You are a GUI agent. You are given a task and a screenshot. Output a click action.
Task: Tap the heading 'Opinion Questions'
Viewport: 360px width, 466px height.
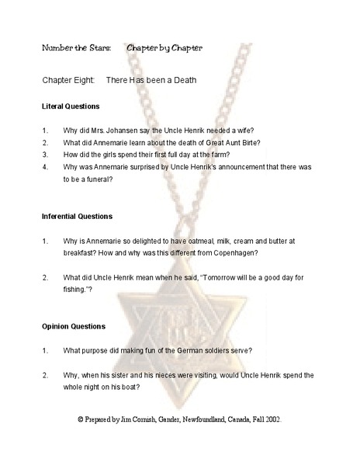click(74, 327)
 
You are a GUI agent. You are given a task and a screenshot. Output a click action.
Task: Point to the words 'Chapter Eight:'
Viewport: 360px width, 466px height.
click(69, 80)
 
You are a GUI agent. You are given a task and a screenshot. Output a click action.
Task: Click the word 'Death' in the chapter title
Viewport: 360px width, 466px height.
click(185, 80)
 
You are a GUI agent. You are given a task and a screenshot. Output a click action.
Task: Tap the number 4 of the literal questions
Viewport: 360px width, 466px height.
click(46, 166)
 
